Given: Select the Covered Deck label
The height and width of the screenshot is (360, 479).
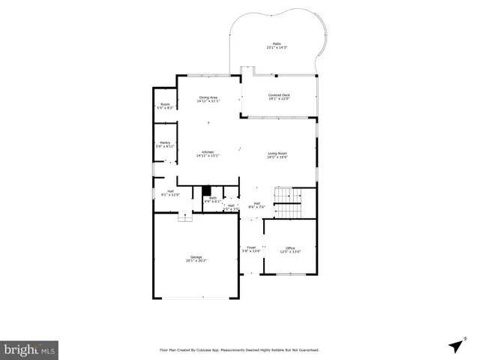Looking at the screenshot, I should click(x=279, y=95).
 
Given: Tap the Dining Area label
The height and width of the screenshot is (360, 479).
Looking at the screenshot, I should click(x=208, y=97).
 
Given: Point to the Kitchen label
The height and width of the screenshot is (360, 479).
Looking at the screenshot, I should click(x=208, y=152).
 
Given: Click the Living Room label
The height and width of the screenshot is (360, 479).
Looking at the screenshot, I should click(x=278, y=154).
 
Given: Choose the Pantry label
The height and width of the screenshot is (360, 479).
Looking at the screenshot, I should click(x=164, y=142).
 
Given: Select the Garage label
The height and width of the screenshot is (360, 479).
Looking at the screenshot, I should click(x=196, y=257).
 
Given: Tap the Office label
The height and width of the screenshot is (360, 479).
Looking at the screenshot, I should click(x=289, y=248).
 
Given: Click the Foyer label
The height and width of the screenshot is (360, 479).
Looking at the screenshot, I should click(x=251, y=247).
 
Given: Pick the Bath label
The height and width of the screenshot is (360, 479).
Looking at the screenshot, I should click(x=213, y=198).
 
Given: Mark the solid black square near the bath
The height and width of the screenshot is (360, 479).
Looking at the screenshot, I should click(x=208, y=190).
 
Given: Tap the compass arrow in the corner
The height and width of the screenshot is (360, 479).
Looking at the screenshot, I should click(x=455, y=345).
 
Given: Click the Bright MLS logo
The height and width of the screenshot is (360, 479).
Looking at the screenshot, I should click(x=29, y=349).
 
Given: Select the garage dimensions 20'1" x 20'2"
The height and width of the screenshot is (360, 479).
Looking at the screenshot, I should click(x=196, y=261).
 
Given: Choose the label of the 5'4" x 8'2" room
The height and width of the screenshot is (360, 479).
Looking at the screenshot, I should click(x=164, y=104).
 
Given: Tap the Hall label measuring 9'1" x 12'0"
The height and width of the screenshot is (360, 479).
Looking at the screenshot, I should click(x=170, y=191).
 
